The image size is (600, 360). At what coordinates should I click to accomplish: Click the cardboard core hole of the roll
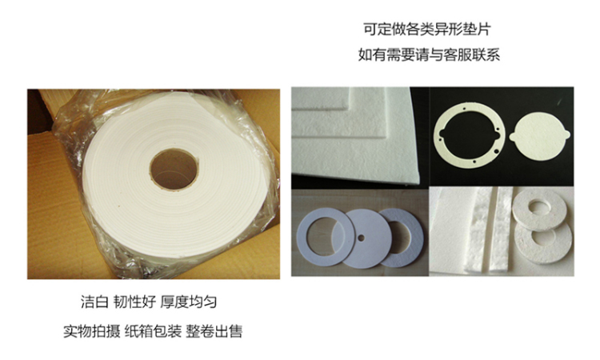tap(174, 169)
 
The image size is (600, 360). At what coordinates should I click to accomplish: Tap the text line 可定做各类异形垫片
tap(427, 30)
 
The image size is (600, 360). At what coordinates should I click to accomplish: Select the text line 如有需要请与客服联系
tap(429, 54)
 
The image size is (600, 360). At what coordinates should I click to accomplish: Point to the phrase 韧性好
tap(134, 302)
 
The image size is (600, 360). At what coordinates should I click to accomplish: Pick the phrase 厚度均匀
tap(189, 302)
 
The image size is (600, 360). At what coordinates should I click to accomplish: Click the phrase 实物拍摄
tap(91, 331)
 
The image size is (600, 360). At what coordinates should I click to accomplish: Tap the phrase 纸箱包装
tap(153, 331)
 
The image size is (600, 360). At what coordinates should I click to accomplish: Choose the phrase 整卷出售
tap(214, 331)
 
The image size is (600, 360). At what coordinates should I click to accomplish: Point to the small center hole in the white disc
tap(361, 238)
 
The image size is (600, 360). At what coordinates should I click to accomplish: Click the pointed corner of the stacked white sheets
tap(419, 182)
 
